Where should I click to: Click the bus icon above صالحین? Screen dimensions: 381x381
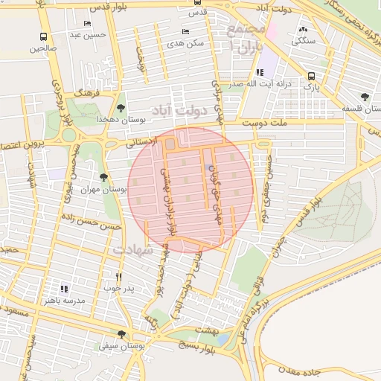coord(43,36)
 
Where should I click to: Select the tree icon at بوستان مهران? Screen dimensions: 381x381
coord(103,177)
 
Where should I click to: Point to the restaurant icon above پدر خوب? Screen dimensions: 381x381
coord(118,276)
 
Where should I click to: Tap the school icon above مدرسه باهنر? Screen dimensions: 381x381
coord(64,288)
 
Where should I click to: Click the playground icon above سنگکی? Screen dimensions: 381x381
coord(303,30)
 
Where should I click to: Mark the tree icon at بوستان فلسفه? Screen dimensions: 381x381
coord(365,97)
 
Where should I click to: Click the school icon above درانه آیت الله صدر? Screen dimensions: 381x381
coord(259,72)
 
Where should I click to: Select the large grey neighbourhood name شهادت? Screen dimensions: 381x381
coord(134,250)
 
